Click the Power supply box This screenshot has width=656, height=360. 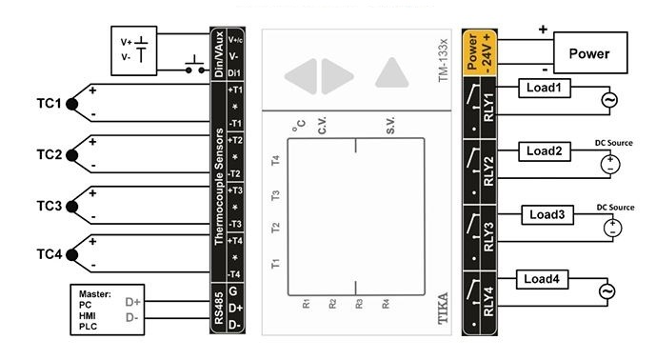coord(590,52)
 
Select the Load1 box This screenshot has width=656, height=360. coord(545,88)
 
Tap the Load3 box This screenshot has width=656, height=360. coord(547,214)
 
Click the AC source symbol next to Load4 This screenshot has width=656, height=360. coord(607,291)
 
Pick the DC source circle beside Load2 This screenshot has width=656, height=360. coord(610,164)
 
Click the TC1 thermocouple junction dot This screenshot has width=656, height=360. coord(72,104)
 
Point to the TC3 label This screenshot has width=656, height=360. coord(49,206)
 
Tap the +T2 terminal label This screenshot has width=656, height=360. coord(235,140)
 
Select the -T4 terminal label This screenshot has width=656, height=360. coord(235,274)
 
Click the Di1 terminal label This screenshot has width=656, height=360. coord(234,73)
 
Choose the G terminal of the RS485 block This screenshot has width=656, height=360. coord(233,290)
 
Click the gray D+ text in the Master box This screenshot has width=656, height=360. coord(133,302)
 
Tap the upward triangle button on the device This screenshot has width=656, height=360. coord(391,72)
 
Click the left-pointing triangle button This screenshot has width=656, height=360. coord(301,76)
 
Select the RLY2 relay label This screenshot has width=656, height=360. coord(488,171)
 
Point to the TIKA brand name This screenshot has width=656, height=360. coord(442,309)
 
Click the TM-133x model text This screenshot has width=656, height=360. coord(443,61)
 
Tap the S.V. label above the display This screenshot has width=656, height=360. coord(390,126)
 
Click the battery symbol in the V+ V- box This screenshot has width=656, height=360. coord(142,49)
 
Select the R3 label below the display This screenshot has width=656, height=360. coord(359,304)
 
